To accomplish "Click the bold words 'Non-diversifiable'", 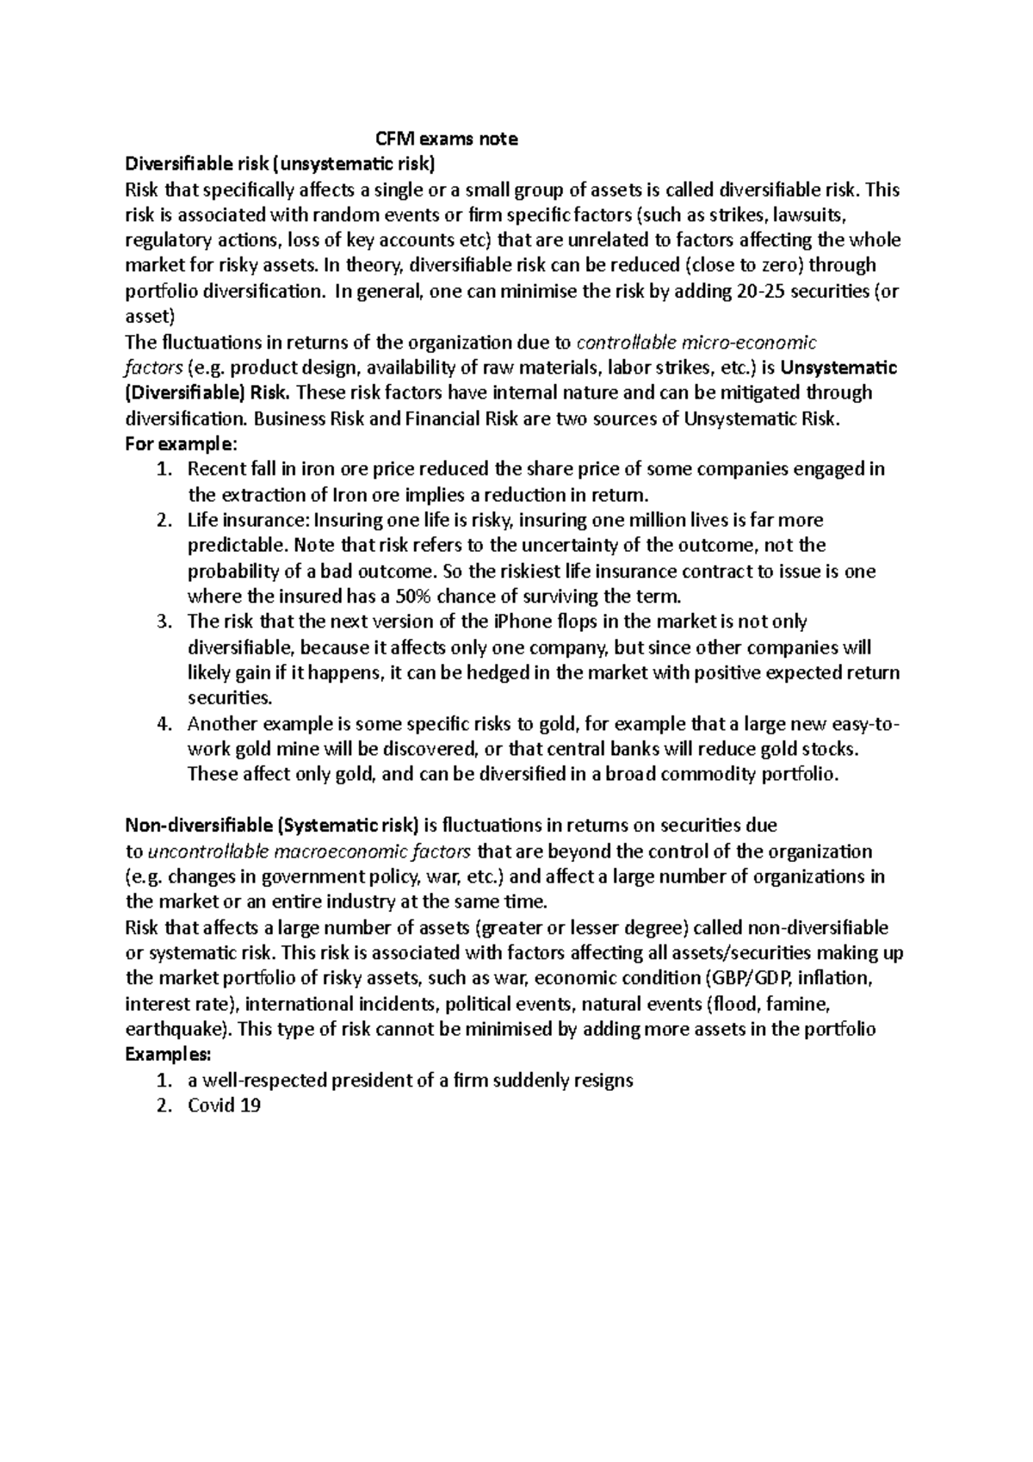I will click(x=199, y=826).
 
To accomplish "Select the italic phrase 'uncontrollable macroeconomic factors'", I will click(x=310, y=852).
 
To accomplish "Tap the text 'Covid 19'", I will click(x=224, y=1106).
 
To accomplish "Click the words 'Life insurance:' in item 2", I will click(x=248, y=520).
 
